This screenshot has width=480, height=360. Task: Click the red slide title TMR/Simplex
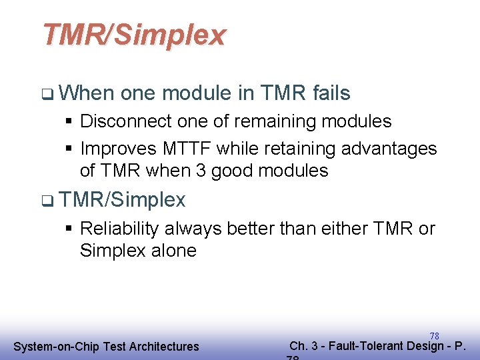pyautogui.click(x=134, y=35)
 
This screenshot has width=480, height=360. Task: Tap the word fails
pyautogui.click(x=331, y=93)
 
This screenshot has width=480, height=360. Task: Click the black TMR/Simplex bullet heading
pyautogui.click(x=122, y=199)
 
